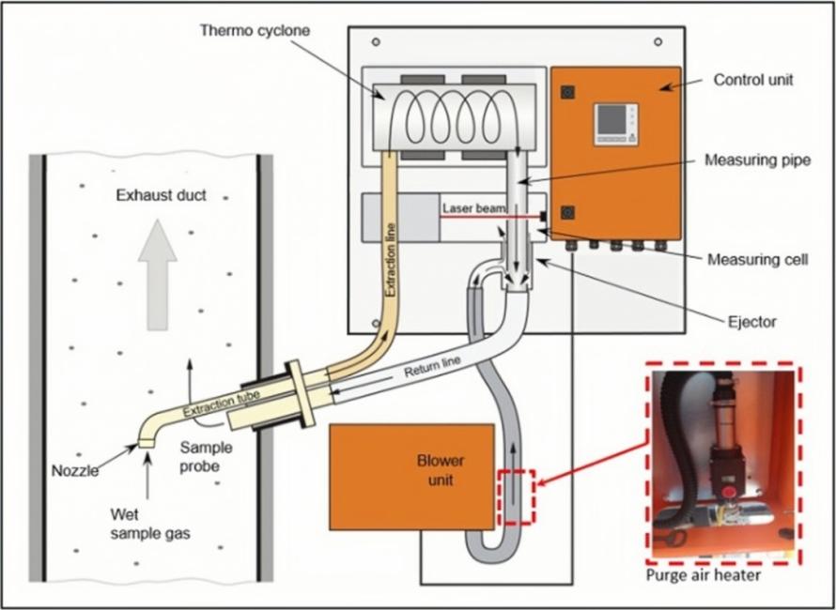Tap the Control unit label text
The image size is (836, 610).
752,80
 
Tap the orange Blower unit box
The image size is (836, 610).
411,476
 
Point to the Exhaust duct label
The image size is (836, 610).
161,195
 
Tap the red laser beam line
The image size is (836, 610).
488,217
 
